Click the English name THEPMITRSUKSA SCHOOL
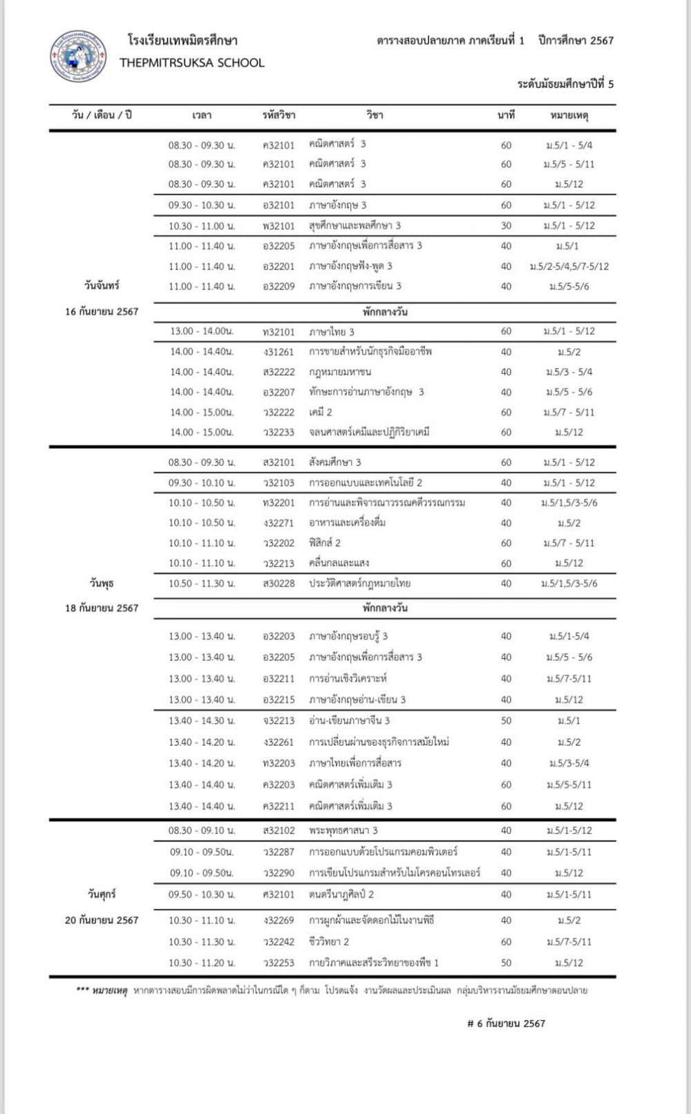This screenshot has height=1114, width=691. [191, 63]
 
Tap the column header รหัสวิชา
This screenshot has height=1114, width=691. [278, 115]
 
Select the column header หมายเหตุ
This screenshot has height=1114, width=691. [569, 115]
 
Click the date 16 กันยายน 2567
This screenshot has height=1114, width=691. [102, 311]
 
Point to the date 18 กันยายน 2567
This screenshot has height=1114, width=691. [102, 608]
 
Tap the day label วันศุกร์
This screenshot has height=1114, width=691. [102, 894]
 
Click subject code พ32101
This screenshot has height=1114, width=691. [278, 226]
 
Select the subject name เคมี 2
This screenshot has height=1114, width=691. [321, 412]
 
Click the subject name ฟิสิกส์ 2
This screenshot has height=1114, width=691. [325, 543]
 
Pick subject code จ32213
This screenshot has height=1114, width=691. [278, 721]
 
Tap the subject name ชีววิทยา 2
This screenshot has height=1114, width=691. [329, 942]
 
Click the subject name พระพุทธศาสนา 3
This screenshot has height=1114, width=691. [343, 831]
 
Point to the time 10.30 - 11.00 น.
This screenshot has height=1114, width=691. [202, 226]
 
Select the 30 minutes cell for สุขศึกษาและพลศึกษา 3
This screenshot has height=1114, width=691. [506, 226]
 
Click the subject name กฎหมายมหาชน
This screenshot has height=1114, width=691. [340, 372]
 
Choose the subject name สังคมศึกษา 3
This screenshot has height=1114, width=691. [335, 462]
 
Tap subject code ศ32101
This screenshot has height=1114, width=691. [278, 894]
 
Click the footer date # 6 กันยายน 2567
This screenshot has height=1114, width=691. [506, 1024]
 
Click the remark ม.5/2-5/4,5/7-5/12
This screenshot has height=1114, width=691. [569, 267]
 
